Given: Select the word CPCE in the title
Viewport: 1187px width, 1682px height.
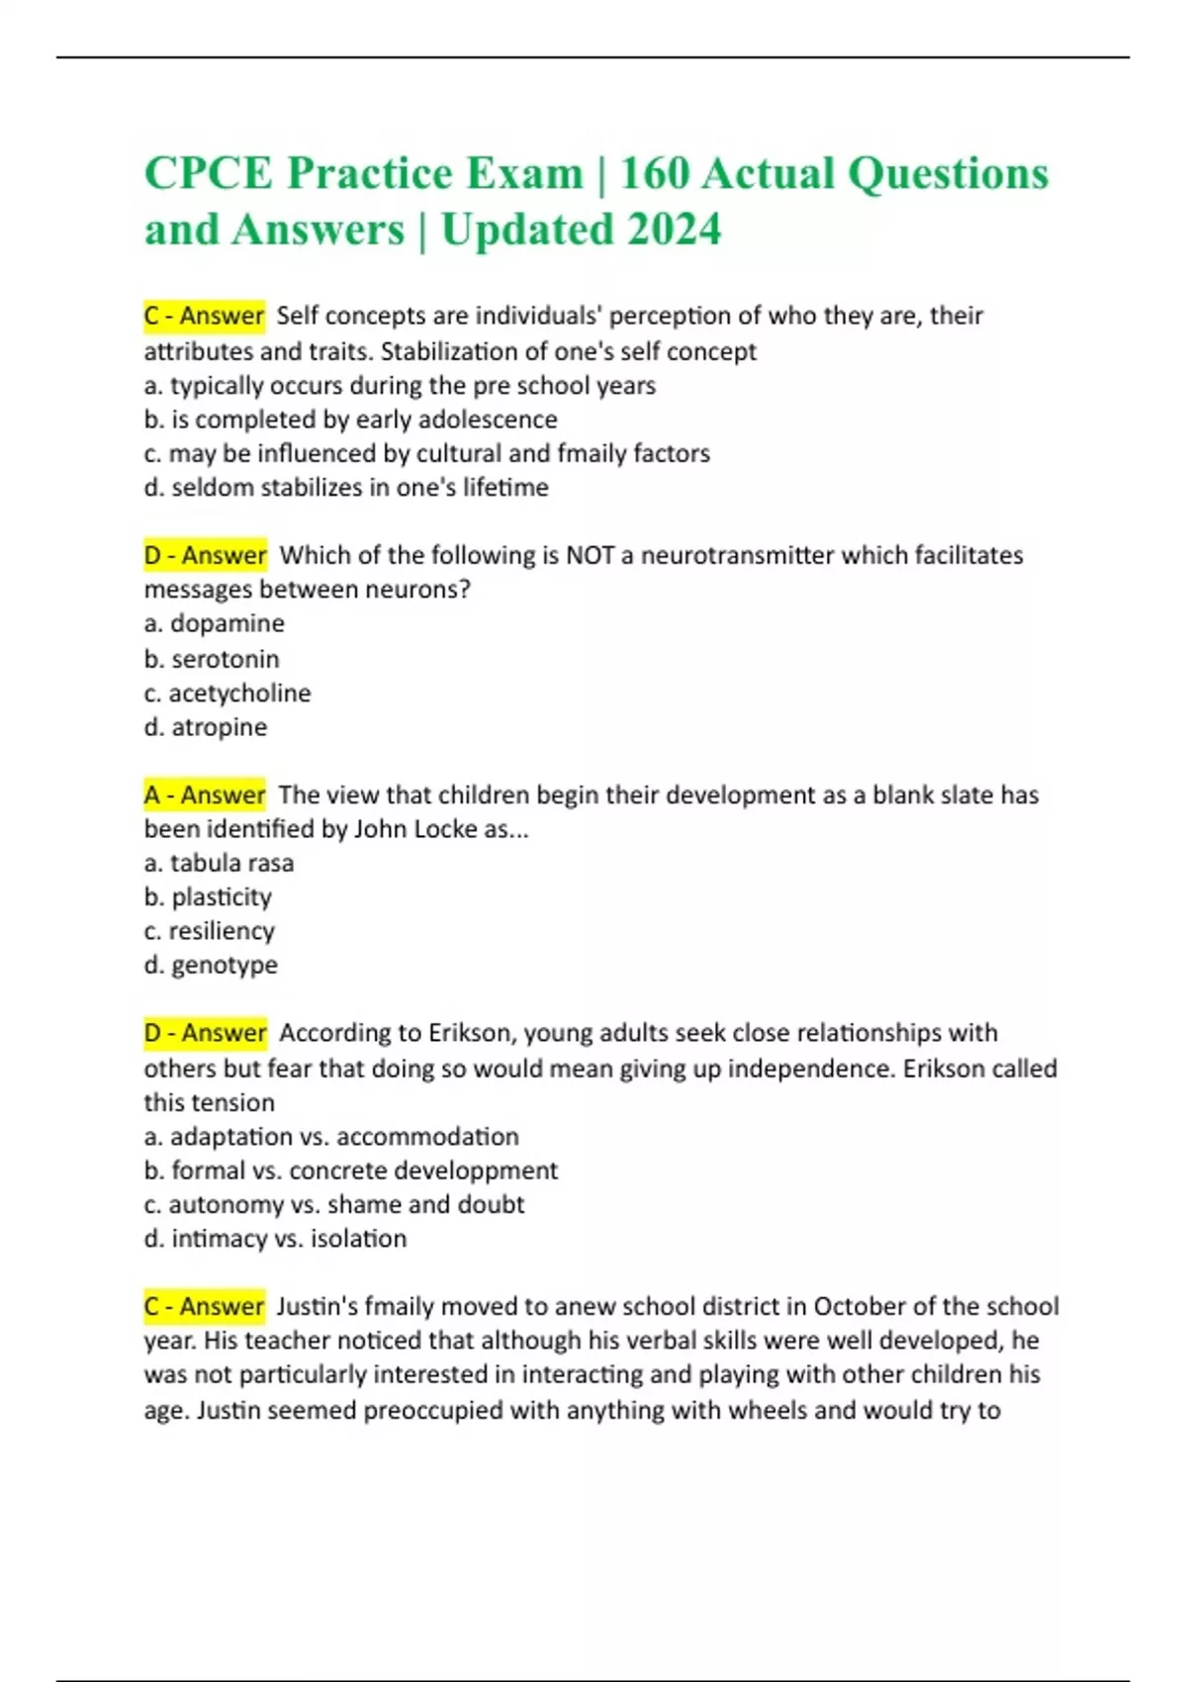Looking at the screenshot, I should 208,173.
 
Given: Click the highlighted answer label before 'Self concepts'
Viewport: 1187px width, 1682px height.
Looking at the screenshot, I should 204,316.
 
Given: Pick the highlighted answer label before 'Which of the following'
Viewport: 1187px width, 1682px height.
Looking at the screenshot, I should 205,555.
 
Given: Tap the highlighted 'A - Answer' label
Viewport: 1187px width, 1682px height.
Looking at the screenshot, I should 204,794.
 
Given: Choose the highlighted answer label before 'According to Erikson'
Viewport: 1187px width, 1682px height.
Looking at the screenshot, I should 205,1033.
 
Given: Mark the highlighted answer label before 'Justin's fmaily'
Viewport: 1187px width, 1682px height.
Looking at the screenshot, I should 204,1306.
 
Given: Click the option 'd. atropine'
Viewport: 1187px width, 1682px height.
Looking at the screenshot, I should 206,727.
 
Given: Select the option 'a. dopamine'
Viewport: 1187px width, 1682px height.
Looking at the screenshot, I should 214,623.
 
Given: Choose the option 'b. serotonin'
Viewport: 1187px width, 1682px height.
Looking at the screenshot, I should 212,659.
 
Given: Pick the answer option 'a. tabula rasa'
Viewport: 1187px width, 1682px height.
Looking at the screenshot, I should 219,863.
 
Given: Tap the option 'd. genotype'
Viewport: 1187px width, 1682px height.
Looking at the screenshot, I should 211,965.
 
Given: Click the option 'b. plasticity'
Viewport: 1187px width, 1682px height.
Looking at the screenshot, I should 208,897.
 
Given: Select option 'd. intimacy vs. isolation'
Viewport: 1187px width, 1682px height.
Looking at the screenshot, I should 275,1239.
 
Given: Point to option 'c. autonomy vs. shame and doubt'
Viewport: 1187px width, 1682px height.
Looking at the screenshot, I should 333,1204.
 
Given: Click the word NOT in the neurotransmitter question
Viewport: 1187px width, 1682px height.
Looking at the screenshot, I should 590,555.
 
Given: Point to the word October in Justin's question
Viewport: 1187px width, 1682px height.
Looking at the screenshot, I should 859,1306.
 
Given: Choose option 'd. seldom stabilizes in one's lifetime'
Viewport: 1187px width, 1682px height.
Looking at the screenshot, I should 346,488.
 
